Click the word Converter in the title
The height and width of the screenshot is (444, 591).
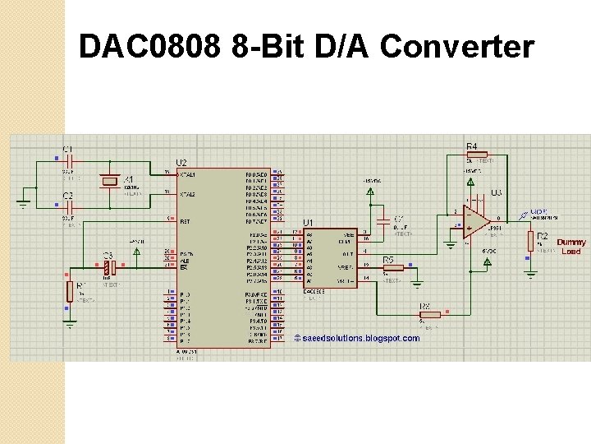pos(456,47)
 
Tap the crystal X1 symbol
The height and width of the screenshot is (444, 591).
pos(109,180)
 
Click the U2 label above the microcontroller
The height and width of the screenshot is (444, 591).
pos(181,163)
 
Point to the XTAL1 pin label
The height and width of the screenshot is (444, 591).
pos(187,173)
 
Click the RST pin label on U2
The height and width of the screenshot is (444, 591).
pos(185,220)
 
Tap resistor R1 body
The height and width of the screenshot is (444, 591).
pos(69,290)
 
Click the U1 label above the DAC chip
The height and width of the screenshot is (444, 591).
pos(308,223)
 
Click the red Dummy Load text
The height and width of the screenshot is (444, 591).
pos(570,247)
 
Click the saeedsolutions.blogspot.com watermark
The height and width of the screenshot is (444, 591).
pos(356,338)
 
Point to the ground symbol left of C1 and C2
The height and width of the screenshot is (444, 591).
pos(24,200)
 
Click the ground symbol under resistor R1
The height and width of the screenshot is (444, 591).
pos(70,325)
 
